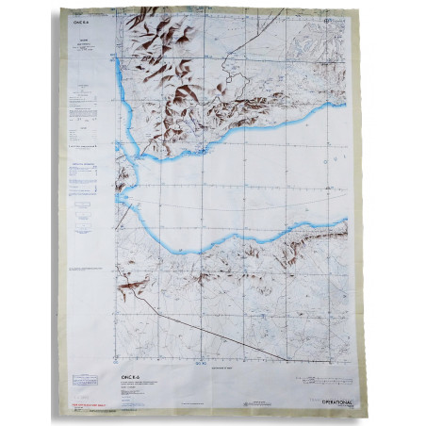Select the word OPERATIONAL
click(322, 396)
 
